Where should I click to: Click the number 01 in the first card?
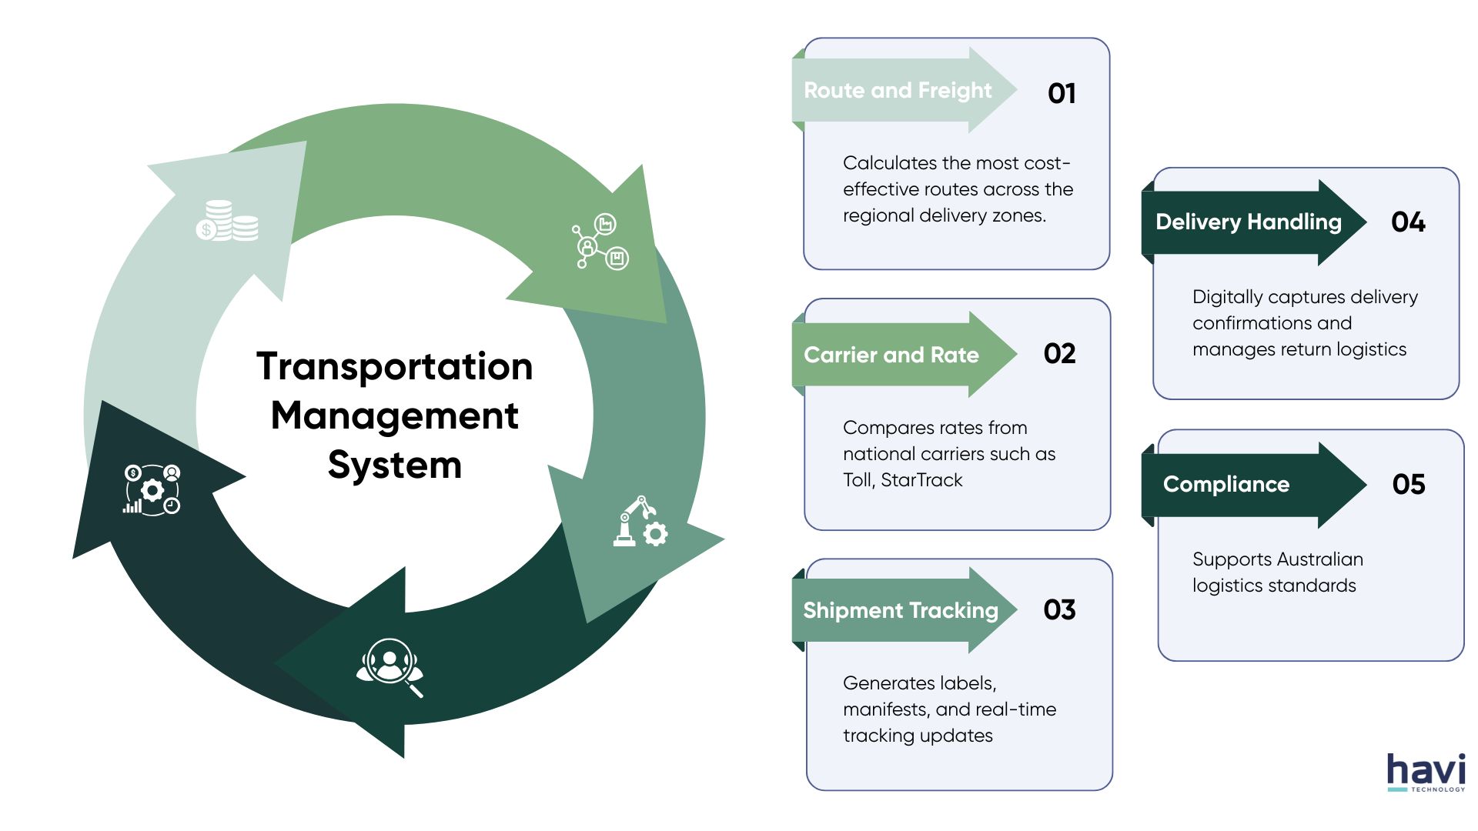pos(1062,93)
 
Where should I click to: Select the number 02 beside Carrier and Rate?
pos(1059,353)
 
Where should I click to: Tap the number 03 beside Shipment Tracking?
pos(1059,609)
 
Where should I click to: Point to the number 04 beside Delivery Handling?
pos(1408,222)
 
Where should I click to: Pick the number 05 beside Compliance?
pos(1409,484)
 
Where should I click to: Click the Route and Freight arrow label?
pos(898,91)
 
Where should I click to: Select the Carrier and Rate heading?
pos(891,355)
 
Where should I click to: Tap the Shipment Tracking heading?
pos(901,610)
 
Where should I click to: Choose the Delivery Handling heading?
pos(1249,222)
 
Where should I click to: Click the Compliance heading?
pos(1226,484)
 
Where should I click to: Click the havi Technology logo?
pos(1426,773)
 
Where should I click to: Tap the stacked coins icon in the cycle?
pos(227,221)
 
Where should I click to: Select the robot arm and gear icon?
pos(640,522)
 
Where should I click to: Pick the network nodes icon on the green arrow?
pos(600,241)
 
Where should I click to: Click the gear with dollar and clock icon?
pos(152,489)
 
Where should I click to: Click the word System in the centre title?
pos(394,466)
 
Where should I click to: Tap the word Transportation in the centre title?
pos(394,366)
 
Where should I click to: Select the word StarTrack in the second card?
pos(921,480)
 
